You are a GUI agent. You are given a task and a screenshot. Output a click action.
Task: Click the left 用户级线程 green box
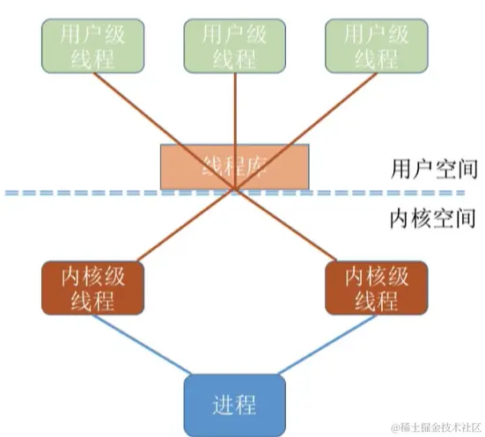click(x=94, y=47)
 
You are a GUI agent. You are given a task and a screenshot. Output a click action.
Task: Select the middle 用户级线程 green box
click(x=235, y=47)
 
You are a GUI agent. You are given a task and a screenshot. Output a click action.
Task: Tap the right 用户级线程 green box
click(x=376, y=47)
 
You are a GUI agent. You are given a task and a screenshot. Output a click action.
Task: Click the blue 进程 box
click(x=235, y=404)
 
